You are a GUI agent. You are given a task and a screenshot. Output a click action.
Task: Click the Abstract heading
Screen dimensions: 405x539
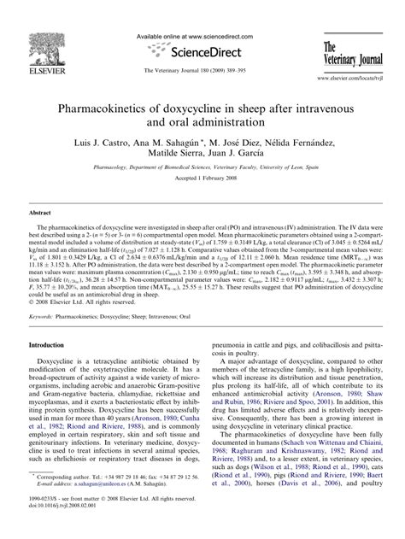point(43,209)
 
